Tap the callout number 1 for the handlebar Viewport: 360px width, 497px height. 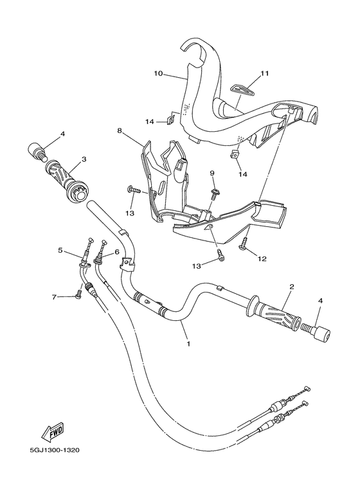tap(188, 344)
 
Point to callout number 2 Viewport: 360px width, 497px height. tap(292, 286)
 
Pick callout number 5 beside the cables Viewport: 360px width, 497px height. tap(61, 251)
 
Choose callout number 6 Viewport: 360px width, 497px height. tap(117, 252)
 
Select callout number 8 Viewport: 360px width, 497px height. tap(120, 131)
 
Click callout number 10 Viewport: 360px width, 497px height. tap(157, 73)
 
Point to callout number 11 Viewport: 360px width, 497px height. tap(264, 74)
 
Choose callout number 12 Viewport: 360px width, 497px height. tap(262, 259)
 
